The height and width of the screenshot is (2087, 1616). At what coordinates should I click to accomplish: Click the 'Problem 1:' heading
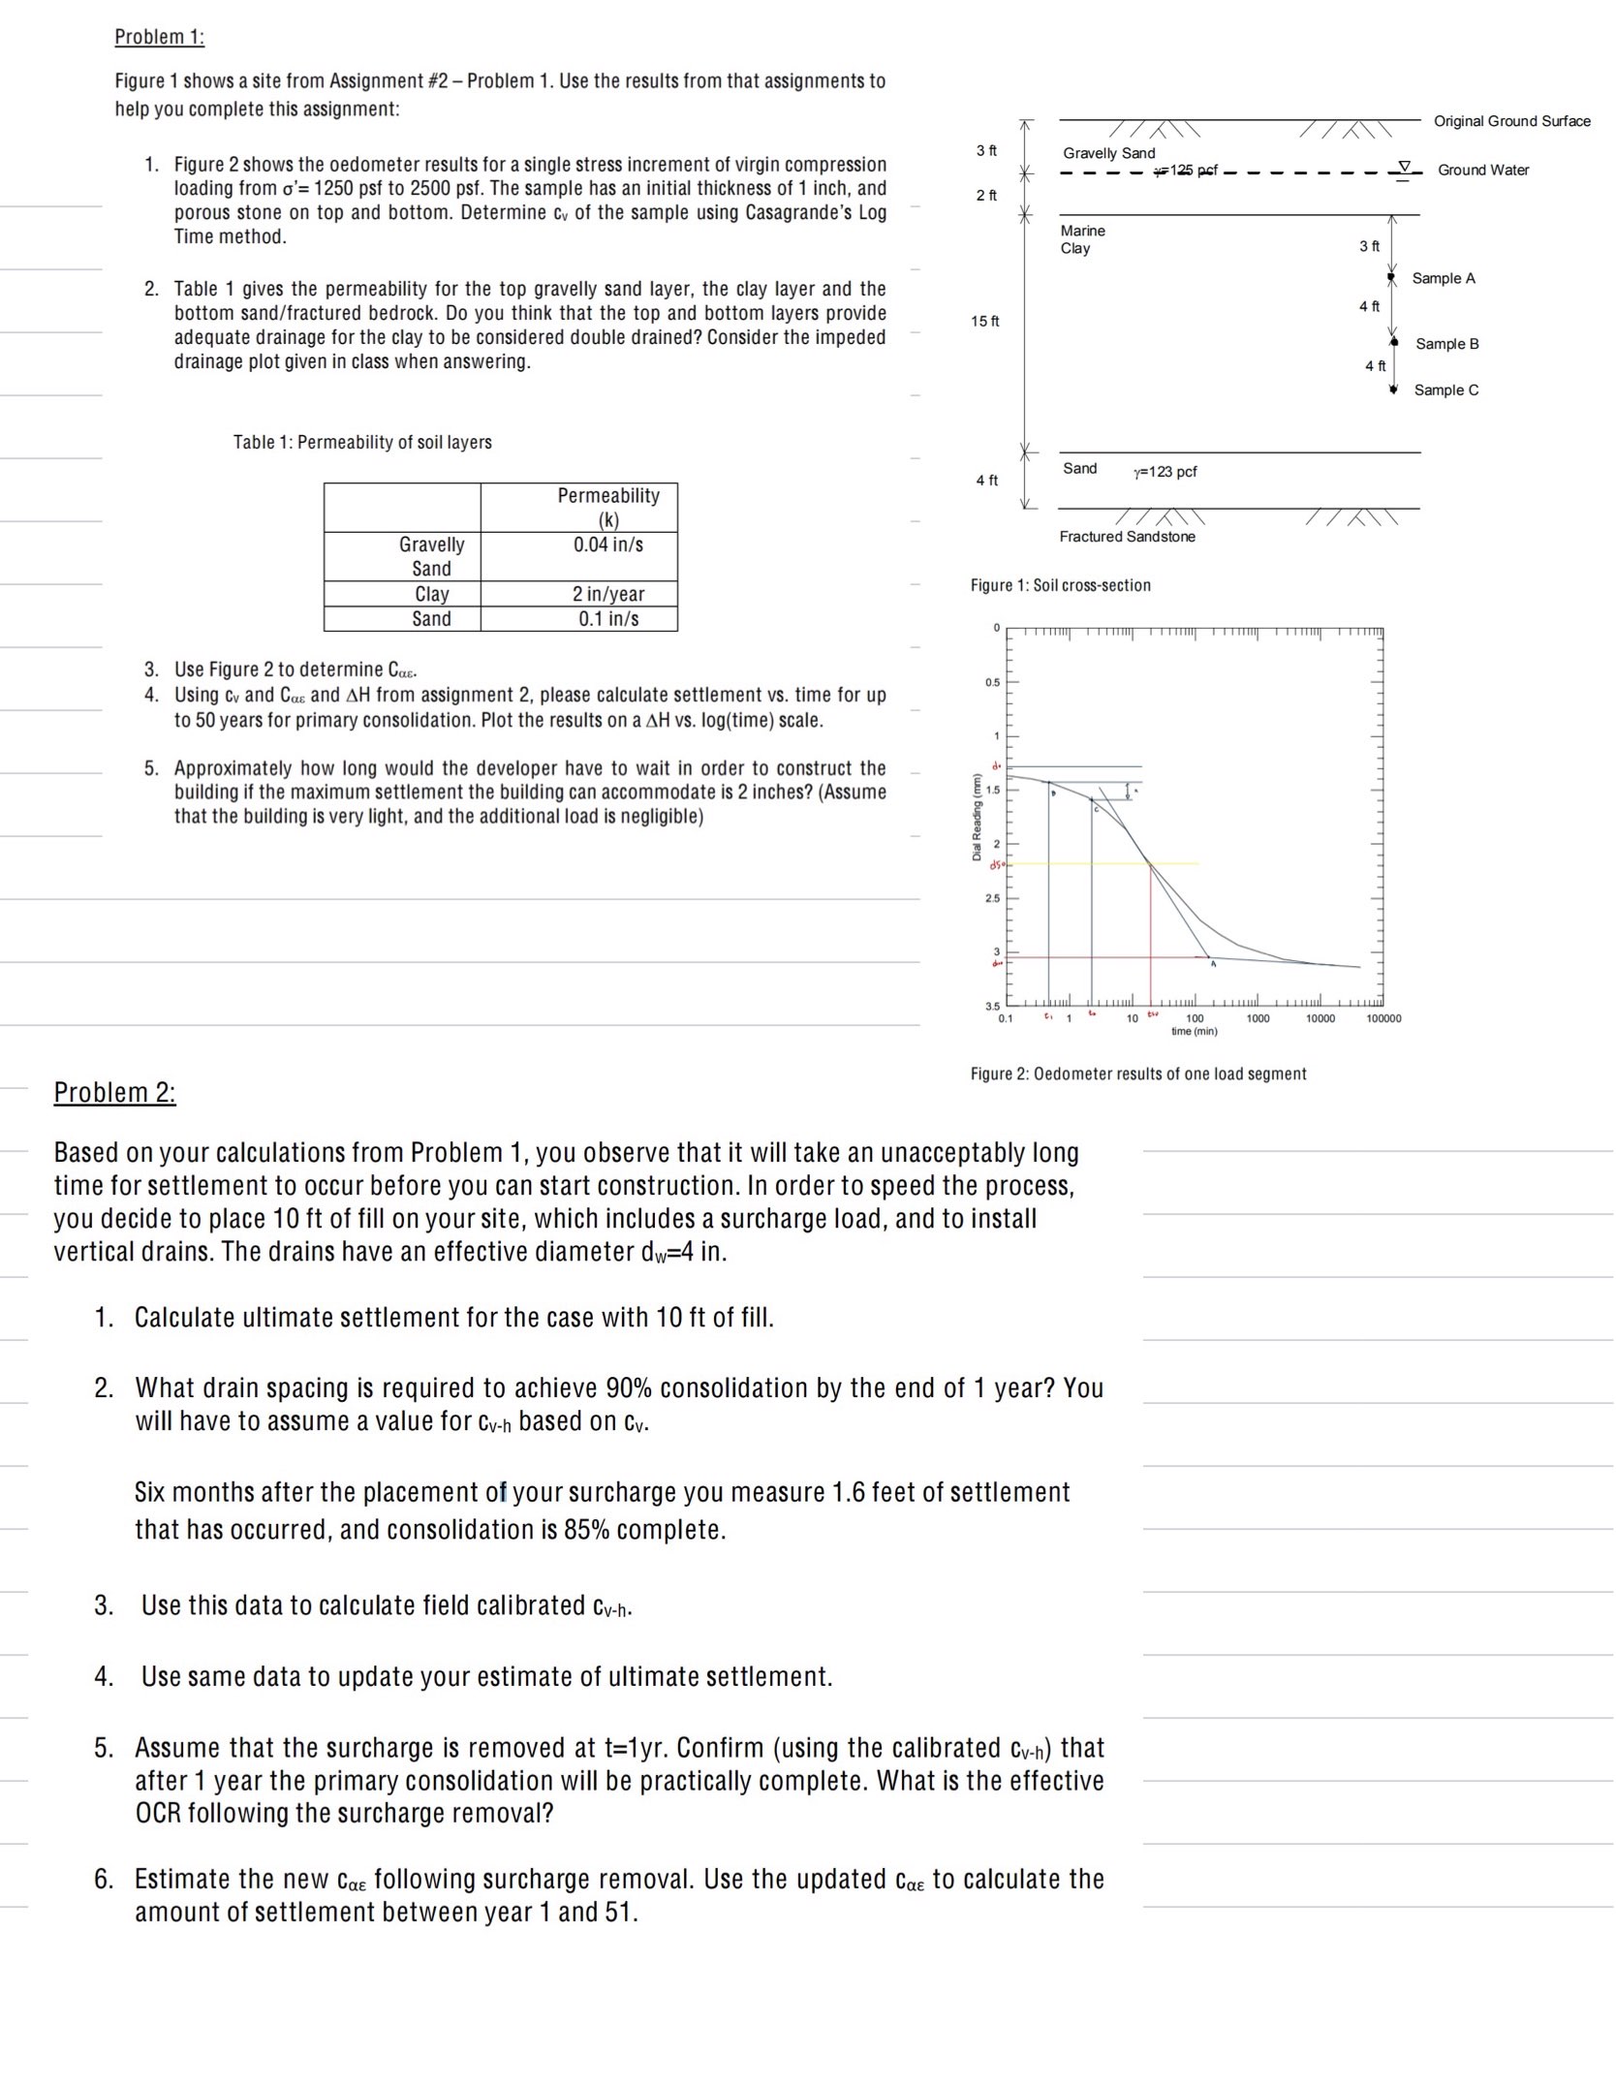pos(159,37)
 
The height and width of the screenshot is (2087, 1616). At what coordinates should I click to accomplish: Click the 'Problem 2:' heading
pos(114,1092)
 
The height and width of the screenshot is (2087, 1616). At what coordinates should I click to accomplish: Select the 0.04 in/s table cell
pos(607,545)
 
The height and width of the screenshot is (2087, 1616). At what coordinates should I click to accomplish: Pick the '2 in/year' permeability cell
pos(607,594)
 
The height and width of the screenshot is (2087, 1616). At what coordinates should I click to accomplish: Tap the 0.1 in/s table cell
pos(607,618)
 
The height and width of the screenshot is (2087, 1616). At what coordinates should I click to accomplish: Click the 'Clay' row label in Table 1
pos(431,594)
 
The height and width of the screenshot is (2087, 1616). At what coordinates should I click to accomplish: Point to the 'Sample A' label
pos(1443,278)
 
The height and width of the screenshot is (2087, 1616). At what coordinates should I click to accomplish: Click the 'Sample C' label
pos(1445,389)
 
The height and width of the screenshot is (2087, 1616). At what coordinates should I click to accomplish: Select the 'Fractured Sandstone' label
pos(1127,537)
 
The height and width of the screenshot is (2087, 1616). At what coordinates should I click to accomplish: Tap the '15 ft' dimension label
pos(984,321)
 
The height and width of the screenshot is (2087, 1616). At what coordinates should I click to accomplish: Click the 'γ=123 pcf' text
pos(1165,472)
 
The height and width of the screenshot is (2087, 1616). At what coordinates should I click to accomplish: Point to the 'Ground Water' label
pos(1482,170)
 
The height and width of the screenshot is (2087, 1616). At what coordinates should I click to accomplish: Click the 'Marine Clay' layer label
pos(1081,239)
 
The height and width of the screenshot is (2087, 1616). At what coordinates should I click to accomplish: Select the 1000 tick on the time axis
pos(1257,1018)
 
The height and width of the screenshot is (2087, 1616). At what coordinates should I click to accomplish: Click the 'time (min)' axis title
pos(1194,1031)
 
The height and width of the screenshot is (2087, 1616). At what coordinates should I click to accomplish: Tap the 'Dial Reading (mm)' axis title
pos(977,817)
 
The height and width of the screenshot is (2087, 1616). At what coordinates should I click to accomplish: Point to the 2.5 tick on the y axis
pos(992,898)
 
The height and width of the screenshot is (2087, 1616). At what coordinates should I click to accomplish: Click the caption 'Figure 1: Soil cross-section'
pos(1060,585)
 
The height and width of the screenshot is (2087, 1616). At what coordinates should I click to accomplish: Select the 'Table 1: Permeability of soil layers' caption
pos(362,442)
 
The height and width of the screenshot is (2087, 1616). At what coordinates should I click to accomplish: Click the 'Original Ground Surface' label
pos(1511,121)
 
